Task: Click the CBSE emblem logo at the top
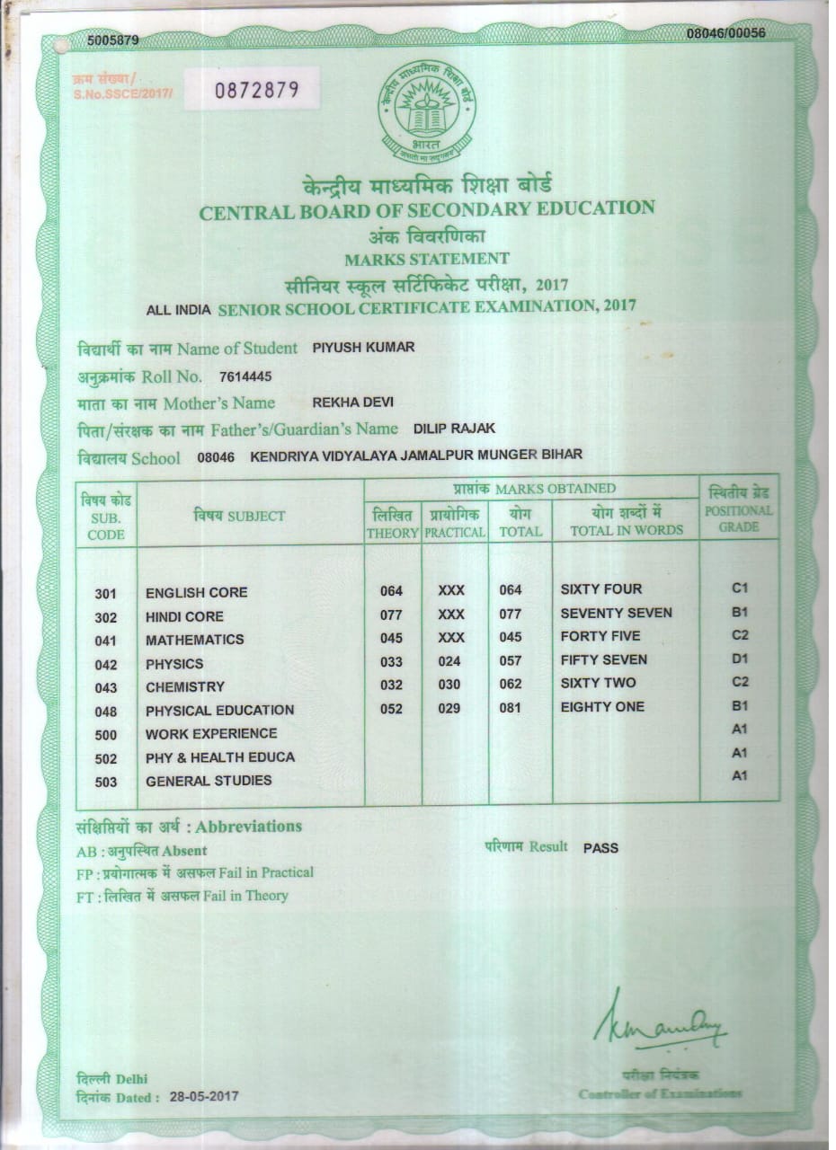(x=427, y=111)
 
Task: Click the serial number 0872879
(x=254, y=90)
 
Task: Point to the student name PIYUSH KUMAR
(x=363, y=347)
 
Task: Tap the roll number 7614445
(x=239, y=376)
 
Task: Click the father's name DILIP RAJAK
(x=454, y=429)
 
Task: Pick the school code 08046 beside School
(x=216, y=457)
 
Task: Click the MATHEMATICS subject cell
(x=194, y=640)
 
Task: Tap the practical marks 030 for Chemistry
(x=449, y=685)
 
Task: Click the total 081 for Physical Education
(x=510, y=708)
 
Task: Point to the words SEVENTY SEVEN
(x=616, y=613)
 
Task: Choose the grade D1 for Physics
(x=740, y=659)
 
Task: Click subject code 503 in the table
(x=106, y=782)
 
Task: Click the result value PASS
(x=600, y=847)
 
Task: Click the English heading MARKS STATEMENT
(x=427, y=260)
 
